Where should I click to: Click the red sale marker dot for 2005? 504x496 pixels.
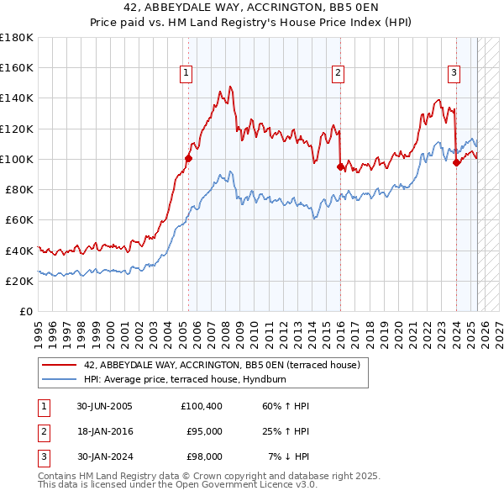188,157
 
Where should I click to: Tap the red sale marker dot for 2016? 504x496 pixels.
340,166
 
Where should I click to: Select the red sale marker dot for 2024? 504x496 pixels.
456,162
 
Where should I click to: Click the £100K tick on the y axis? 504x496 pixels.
17,159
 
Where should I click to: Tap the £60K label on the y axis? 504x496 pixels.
19,219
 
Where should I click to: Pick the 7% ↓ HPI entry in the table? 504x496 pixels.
289,456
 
